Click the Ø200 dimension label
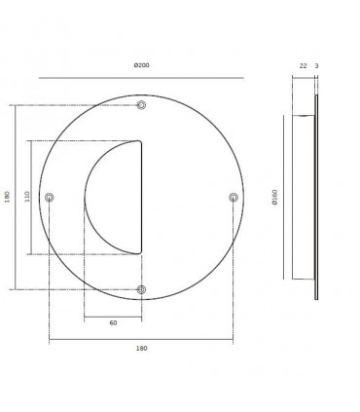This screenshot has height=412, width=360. (x=142, y=65)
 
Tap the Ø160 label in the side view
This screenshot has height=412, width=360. (x=275, y=198)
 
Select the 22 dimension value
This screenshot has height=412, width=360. (x=303, y=66)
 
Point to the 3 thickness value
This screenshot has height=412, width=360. (x=316, y=66)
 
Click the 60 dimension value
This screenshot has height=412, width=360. (x=113, y=323)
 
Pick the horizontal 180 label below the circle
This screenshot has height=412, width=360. (x=141, y=349)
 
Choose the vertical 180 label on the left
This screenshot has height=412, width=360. (x=7, y=197)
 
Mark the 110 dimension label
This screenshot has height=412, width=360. (x=27, y=197)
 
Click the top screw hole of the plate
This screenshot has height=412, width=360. (x=141, y=105)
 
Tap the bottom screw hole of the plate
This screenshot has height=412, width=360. (x=141, y=289)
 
